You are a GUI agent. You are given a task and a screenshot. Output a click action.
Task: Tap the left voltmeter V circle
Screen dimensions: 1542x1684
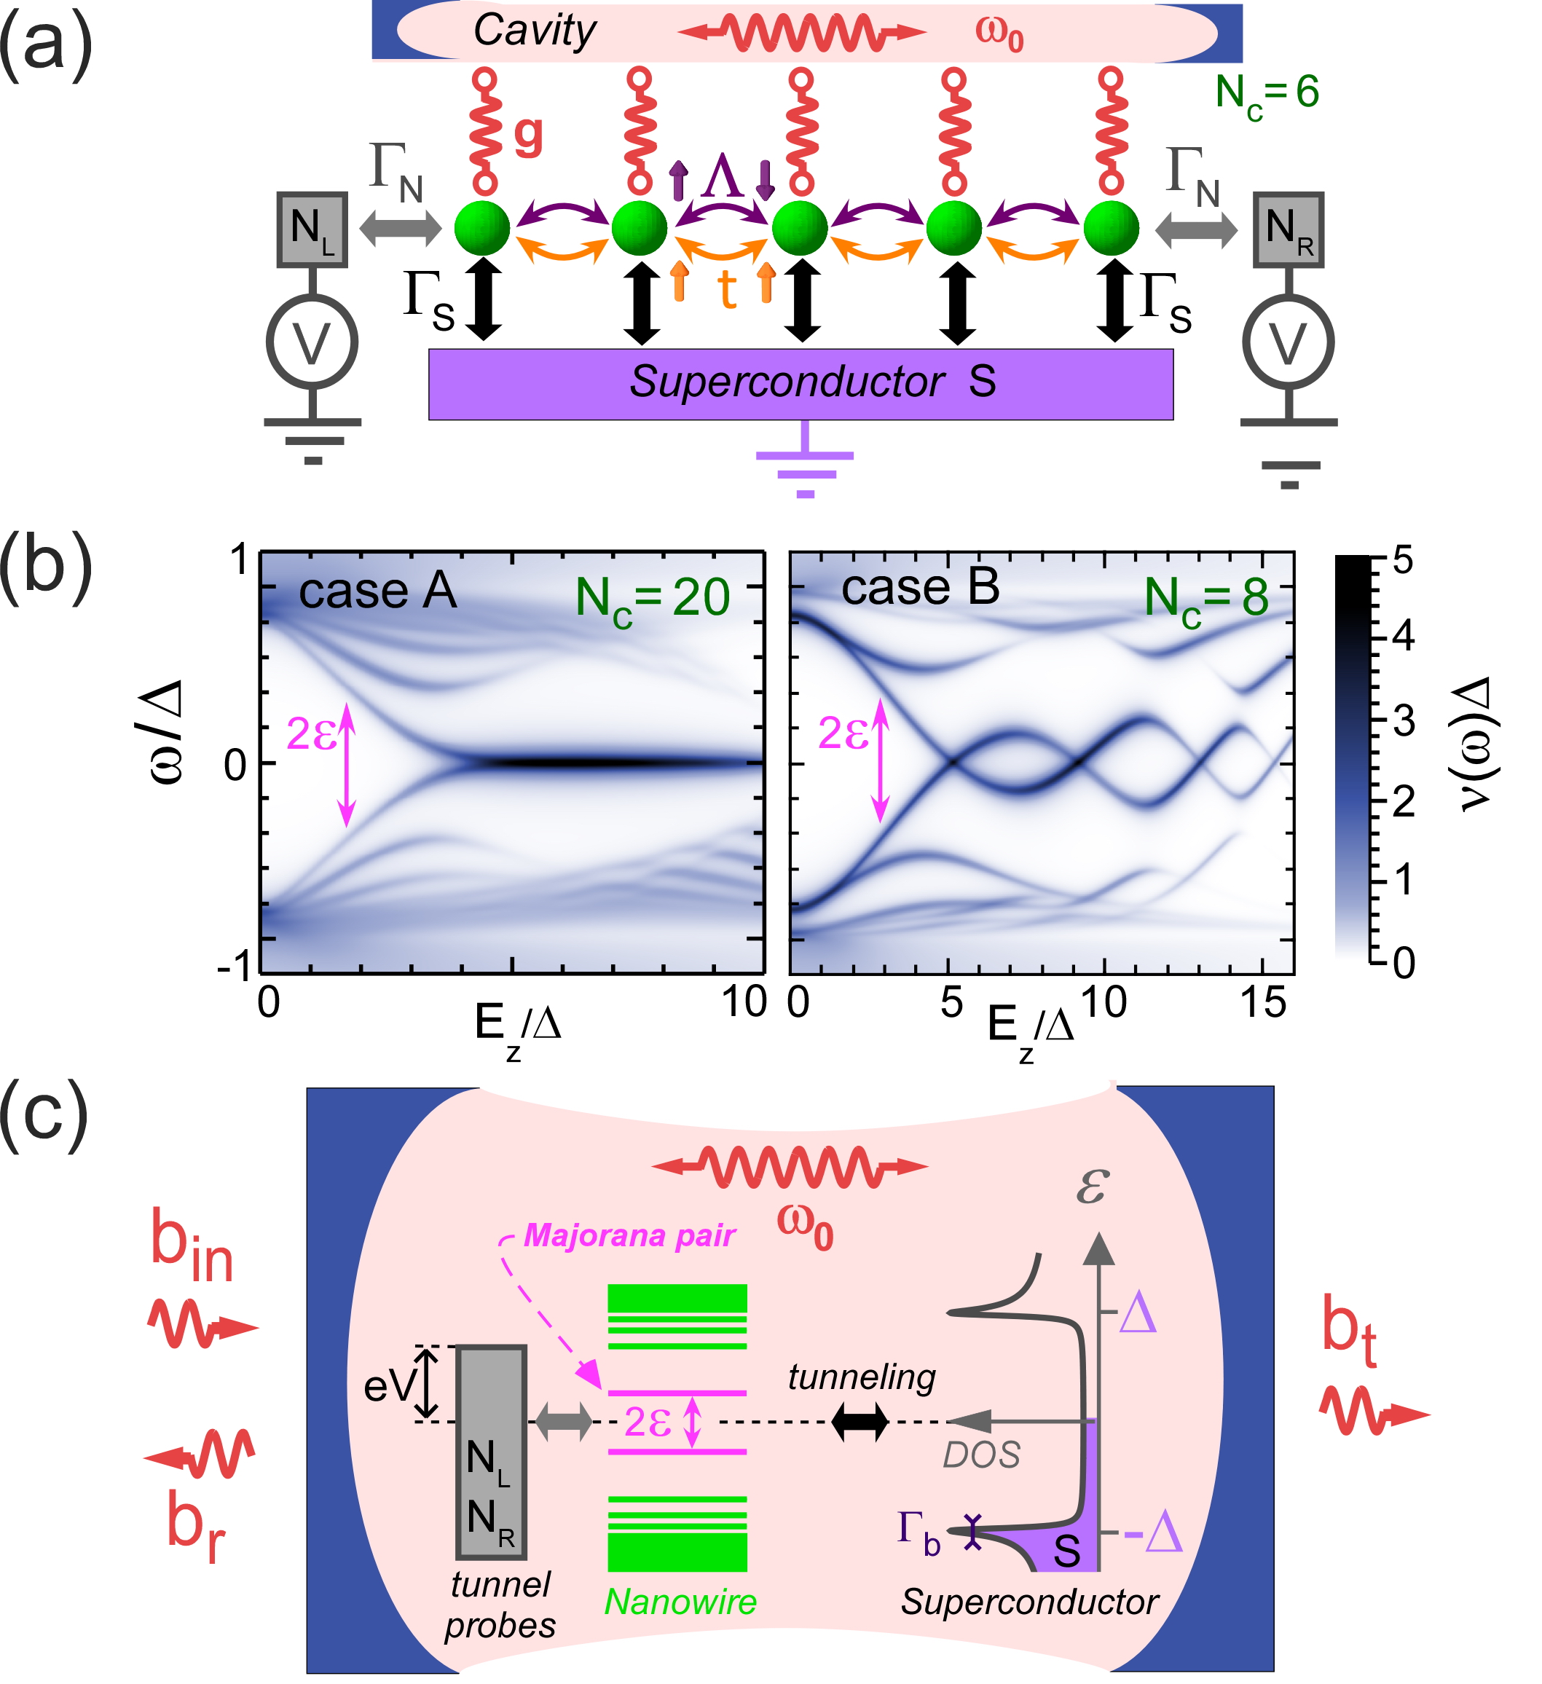(x=312, y=342)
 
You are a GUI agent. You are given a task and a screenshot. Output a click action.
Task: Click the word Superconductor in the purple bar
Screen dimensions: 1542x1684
(x=787, y=382)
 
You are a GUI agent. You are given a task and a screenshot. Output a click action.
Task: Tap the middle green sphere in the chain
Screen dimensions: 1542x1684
(x=800, y=227)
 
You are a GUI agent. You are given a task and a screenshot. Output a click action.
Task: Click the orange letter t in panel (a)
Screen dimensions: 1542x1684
(x=727, y=289)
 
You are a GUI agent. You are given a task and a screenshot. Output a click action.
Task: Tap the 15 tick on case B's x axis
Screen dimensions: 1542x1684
(x=1262, y=1002)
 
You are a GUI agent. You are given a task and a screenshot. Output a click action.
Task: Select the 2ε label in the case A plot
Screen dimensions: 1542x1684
(x=312, y=734)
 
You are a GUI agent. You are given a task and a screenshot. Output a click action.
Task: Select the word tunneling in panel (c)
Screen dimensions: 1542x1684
(x=862, y=1378)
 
